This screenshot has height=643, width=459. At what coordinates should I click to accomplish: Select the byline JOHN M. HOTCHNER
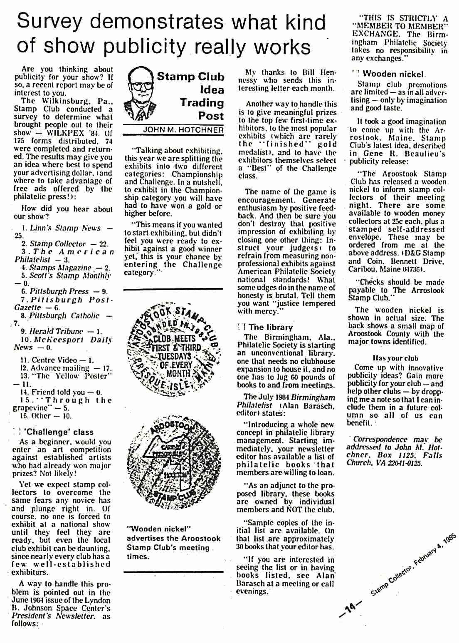[x=183, y=130]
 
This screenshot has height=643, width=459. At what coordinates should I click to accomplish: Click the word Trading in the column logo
[x=202, y=103]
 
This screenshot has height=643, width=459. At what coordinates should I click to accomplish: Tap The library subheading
[x=270, y=327]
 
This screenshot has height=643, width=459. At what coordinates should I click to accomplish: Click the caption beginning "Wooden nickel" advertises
[x=173, y=542]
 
